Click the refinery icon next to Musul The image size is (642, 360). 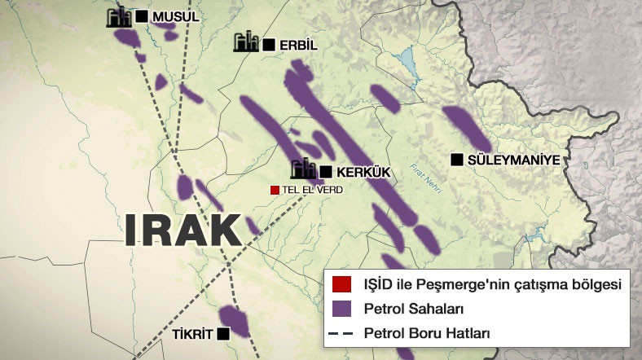pos(120,17)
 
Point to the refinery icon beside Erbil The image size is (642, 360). pos(246,43)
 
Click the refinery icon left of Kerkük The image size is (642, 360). pos(303,169)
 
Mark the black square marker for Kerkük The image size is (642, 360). pos(326,171)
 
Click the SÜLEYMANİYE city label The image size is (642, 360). pos(514,160)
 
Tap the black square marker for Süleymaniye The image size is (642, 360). pos(456,160)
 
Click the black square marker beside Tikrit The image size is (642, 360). pos(223,333)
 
